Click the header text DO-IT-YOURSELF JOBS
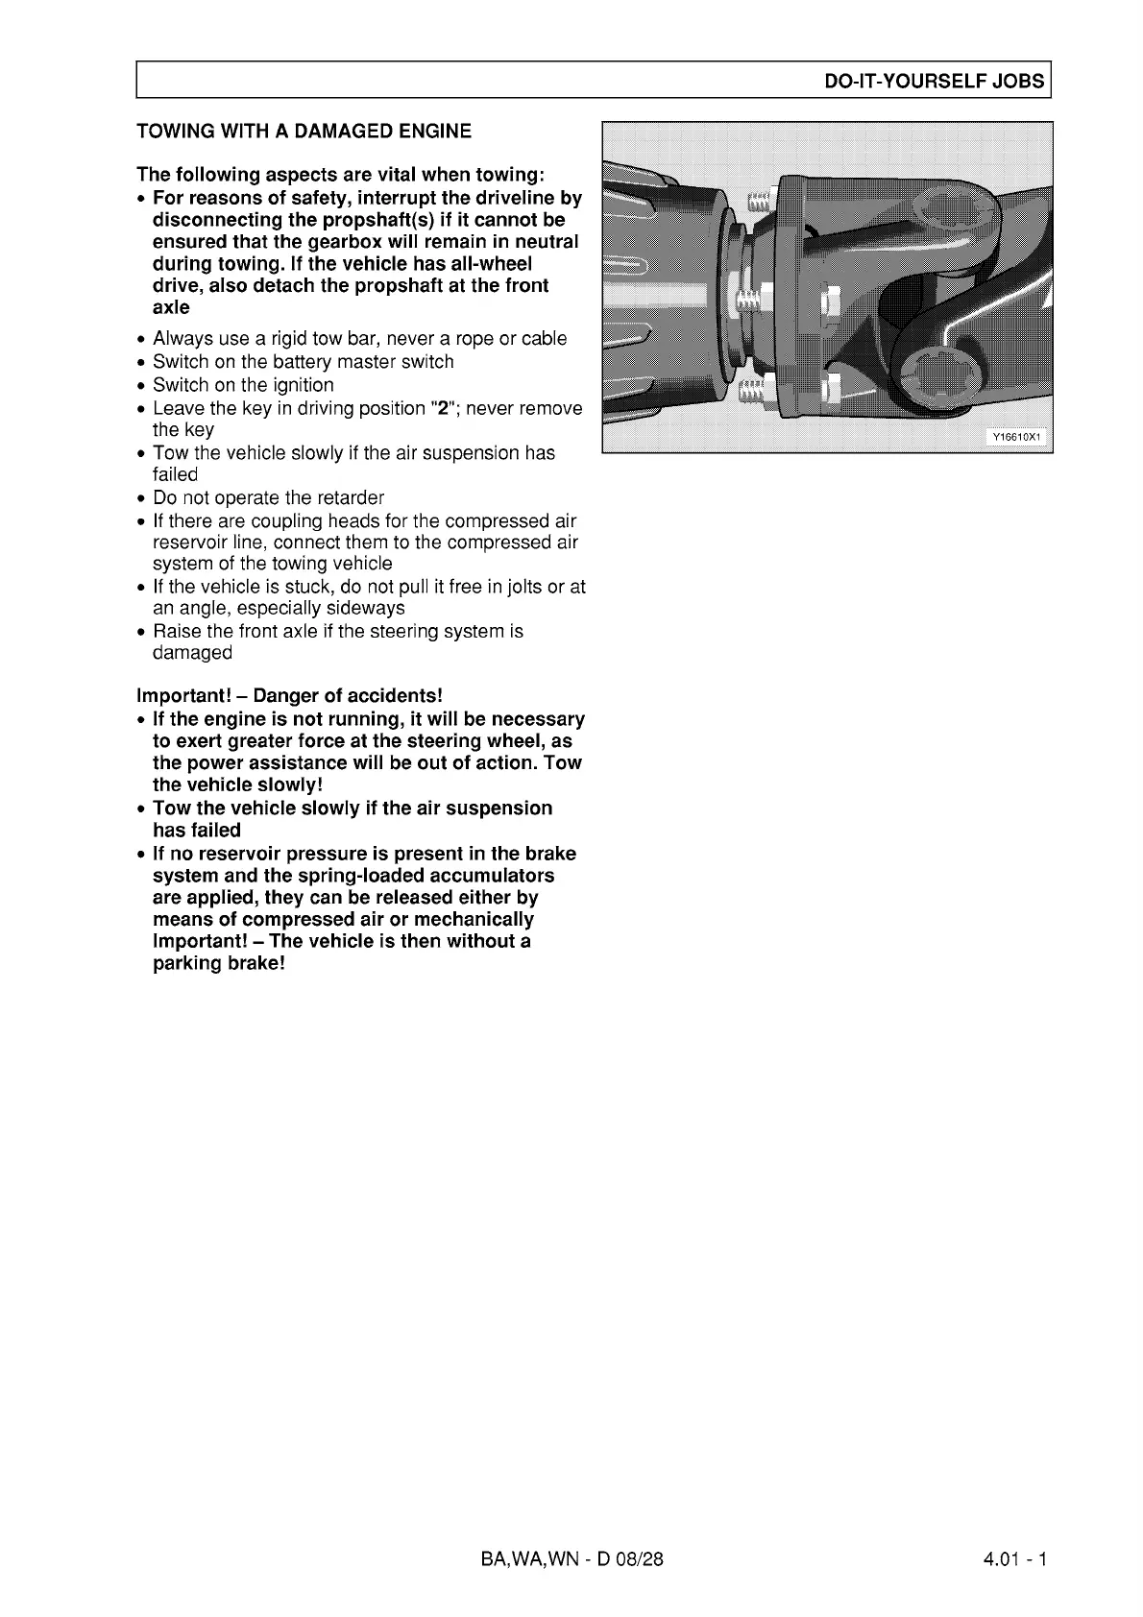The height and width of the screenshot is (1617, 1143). tap(934, 81)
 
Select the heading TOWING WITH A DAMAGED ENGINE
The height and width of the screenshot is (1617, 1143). tap(304, 131)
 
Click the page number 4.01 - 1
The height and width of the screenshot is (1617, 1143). tap(1014, 1558)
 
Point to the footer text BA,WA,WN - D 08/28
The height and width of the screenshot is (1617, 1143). tap(571, 1558)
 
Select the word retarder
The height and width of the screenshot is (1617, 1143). tap(349, 497)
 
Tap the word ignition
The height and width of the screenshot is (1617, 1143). tap(302, 385)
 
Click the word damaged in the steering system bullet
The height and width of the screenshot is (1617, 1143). tap(192, 653)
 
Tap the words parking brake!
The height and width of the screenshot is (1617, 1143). tap(219, 963)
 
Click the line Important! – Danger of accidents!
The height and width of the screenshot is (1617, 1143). tap(289, 695)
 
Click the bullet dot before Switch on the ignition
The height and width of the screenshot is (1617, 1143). tap(142, 386)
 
